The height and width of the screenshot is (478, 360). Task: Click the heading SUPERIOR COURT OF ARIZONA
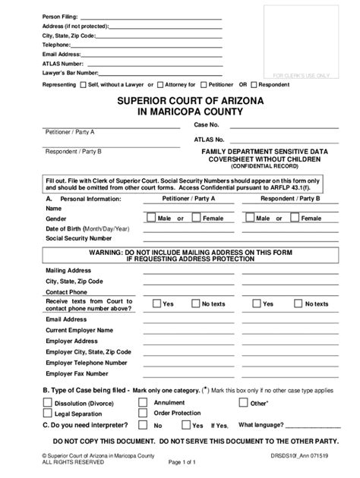(180, 101)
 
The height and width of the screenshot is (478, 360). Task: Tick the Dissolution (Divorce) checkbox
(48, 403)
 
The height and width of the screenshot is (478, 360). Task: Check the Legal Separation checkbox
(48, 414)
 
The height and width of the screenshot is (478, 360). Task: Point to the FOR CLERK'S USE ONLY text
(302, 76)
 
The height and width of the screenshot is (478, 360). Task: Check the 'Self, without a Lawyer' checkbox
(84, 85)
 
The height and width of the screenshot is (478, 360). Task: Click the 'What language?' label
(261, 426)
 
